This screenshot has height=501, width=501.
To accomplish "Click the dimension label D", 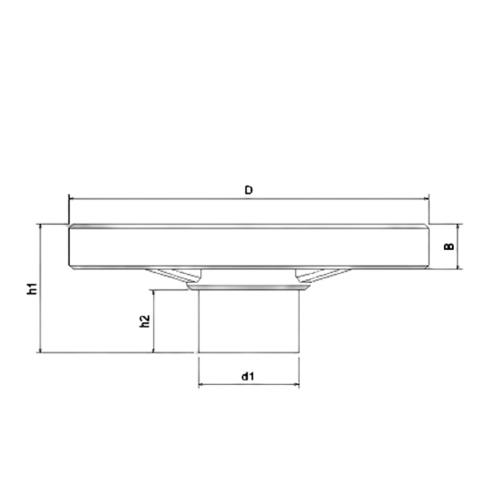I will (x=248, y=190).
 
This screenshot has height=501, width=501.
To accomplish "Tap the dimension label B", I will (x=449, y=246).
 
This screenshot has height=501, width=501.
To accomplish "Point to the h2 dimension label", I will (x=143, y=322).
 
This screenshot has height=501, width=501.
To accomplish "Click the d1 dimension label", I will (x=248, y=375).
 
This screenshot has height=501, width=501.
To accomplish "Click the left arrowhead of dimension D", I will (x=71, y=199).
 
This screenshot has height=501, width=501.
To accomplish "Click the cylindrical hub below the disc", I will (x=248, y=320).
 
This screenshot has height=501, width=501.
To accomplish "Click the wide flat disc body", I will (x=248, y=246).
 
